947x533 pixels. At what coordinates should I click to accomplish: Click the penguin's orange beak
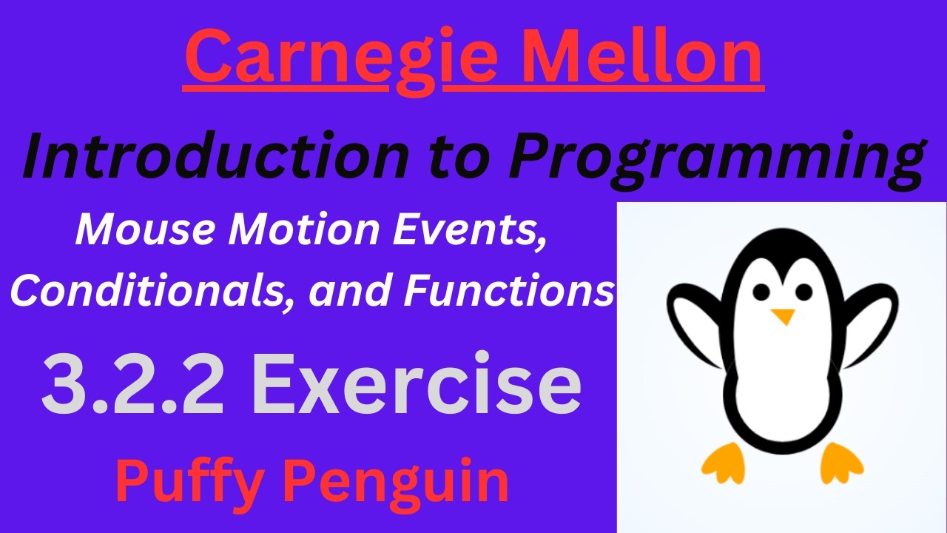782,316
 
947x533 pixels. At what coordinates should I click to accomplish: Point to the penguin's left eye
761,292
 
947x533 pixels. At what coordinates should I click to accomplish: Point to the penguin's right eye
803,292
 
